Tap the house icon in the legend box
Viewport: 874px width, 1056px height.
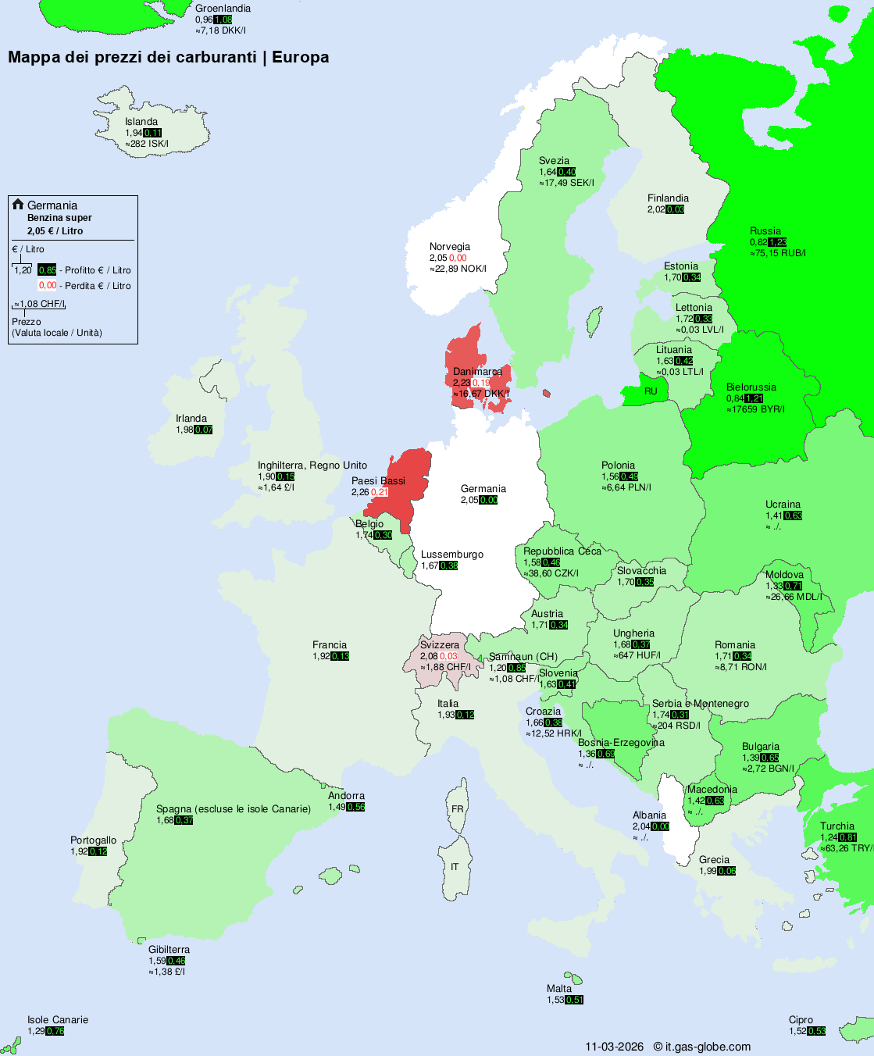pyautogui.click(x=18, y=205)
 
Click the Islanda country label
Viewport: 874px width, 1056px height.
pyautogui.click(x=141, y=122)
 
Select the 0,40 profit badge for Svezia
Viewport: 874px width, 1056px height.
pyautogui.click(x=567, y=172)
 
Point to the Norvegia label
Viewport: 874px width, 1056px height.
pyautogui.click(x=450, y=247)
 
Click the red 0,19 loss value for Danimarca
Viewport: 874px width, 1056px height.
pyautogui.click(x=481, y=383)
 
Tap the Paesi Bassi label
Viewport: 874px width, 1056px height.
pyautogui.click(x=378, y=481)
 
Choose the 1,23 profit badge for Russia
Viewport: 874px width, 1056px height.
pyautogui.click(x=777, y=242)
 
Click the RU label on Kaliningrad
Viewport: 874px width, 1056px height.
pyautogui.click(x=651, y=391)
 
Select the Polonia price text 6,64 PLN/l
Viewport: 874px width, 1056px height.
pyautogui.click(x=626, y=487)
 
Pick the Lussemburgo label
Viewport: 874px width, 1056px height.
pyautogui.click(x=452, y=555)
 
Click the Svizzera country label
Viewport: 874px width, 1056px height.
pyautogui.click(x=440, y=645)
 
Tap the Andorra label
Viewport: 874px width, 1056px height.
pyautogui.click(x=346, y=796)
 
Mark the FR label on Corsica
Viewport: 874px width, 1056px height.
pyautogui.click(x=457, y=809)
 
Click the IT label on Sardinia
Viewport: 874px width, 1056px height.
pyautogui.click(x=455, y=867)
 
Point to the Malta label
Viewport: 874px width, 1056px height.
pyautogui.click(x=559, y=989)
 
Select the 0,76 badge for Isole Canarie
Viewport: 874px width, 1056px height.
pyautogui.click(x=55, y=1031)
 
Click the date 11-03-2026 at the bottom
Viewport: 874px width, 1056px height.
pyautogui.click(x=615, y=1047)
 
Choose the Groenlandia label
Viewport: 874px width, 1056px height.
pyautogui.click(x=223, y=9)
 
